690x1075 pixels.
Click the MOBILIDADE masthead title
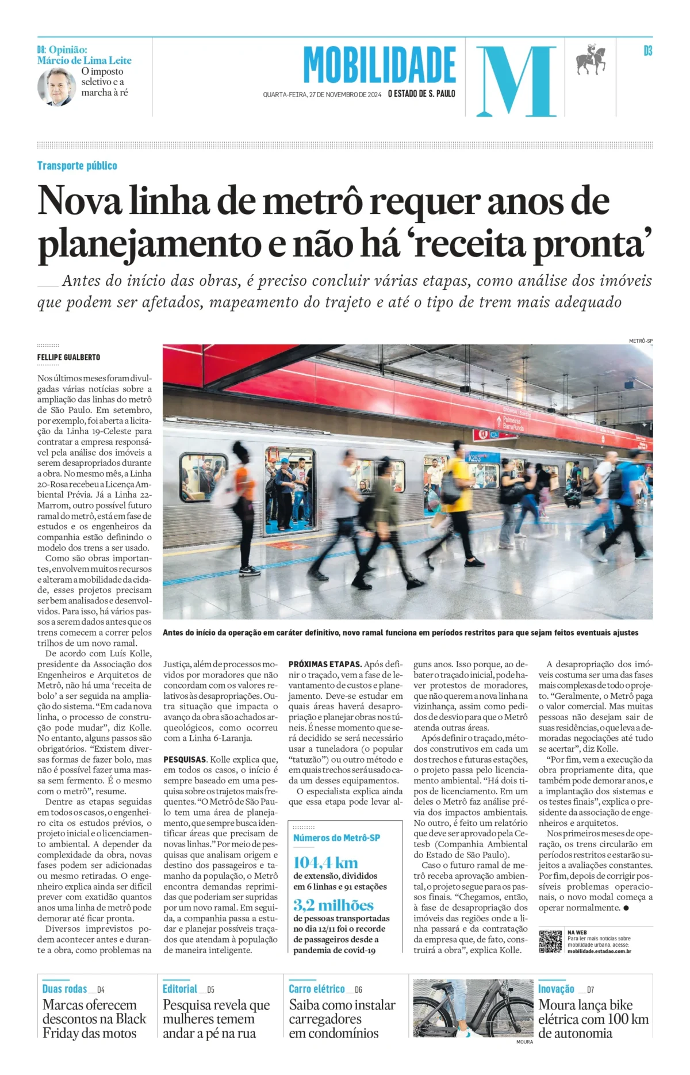click(379, 66)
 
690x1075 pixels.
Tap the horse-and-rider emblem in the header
click(592, 60)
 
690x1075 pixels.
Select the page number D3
click(647, 51)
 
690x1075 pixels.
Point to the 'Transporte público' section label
click(77, 166)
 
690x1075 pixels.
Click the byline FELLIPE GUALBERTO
click(68, 357)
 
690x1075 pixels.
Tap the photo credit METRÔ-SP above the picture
click(641, 341)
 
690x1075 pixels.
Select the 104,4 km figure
click(325, 862)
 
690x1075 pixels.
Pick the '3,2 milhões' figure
click(333, 905)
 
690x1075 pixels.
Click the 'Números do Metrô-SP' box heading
click(336, 837)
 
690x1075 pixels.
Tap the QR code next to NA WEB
click(550, 941)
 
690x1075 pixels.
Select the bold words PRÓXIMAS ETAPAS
click(325, 664)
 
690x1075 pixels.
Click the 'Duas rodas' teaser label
click(64, 989)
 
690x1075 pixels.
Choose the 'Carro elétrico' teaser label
click(317, 989)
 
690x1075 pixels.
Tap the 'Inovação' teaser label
click(556, 989)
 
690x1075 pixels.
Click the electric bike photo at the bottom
click(473, 1008)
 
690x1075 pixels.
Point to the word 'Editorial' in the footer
click(179, 989)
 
